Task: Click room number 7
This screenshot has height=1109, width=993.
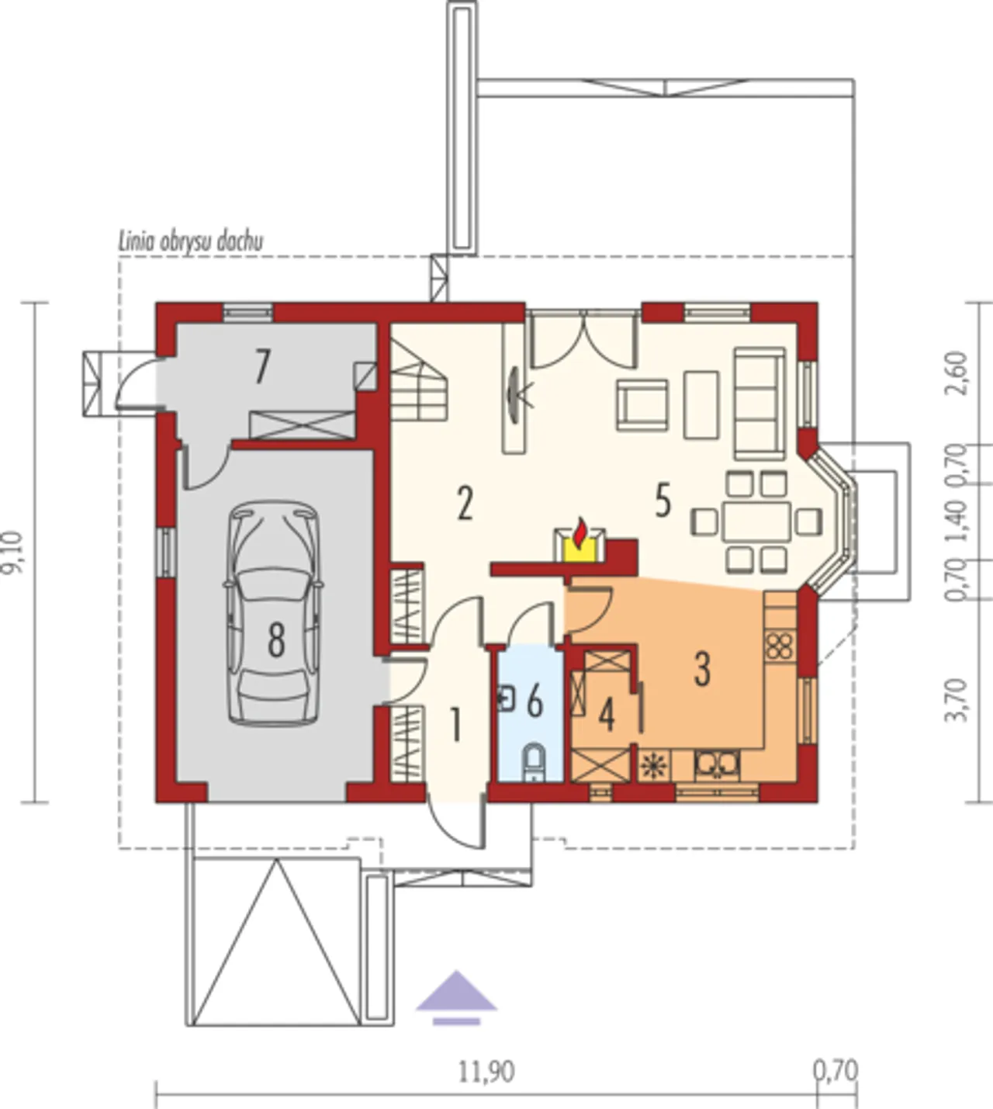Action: (262, 367)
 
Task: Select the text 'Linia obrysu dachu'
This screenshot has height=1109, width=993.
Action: (191, 241)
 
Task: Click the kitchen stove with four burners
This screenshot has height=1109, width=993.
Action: (780, 647)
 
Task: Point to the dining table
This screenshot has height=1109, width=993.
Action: (756, 521)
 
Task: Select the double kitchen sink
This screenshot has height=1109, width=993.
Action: (718, 764)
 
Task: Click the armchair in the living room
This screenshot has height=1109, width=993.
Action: (643, 406)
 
